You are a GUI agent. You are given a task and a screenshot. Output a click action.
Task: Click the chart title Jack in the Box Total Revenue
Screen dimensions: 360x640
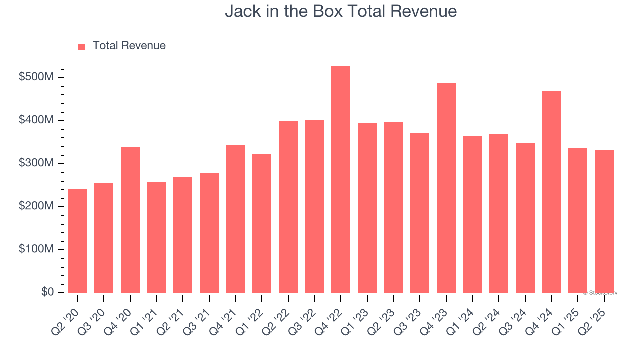341,11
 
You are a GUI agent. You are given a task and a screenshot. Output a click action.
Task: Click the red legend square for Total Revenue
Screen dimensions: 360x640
82,46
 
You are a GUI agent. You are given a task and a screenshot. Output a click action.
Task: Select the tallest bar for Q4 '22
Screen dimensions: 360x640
341,180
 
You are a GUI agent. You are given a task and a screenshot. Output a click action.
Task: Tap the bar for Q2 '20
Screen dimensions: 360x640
78,241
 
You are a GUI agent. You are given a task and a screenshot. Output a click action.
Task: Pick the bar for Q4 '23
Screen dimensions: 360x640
446,188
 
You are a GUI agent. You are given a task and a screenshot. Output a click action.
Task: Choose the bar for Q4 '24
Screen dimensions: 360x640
551,192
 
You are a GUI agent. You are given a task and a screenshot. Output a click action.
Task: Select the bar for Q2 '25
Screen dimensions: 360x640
604,221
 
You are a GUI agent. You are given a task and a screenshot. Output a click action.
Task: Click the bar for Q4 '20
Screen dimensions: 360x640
130,220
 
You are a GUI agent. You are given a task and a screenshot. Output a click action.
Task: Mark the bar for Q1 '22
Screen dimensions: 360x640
262,223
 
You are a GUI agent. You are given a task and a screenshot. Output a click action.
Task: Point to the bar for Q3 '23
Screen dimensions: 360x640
420,213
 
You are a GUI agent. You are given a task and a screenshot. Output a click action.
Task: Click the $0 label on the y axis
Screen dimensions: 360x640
48,292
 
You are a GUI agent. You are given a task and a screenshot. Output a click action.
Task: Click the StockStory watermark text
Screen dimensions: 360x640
600,293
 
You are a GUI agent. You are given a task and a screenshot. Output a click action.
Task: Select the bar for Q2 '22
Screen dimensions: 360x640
288,207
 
